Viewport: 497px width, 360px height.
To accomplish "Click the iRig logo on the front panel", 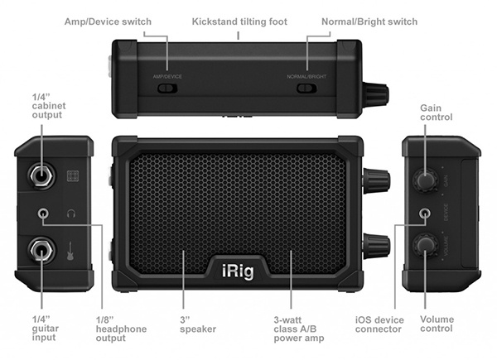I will pos(248,268).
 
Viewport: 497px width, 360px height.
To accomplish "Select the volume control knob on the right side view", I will pos(427,245).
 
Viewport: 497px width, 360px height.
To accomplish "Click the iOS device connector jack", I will pos(426,213).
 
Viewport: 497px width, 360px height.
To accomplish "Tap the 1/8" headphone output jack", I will pos(46,213).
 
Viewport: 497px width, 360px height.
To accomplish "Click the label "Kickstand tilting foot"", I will pos(239,21).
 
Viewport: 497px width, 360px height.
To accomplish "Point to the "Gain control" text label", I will pos(436,113).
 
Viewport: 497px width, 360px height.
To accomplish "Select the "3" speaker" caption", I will pos(197,324).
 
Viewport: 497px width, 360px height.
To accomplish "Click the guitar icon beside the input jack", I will pos(71,249).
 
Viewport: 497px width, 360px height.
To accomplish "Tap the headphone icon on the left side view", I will pos(71,214).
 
